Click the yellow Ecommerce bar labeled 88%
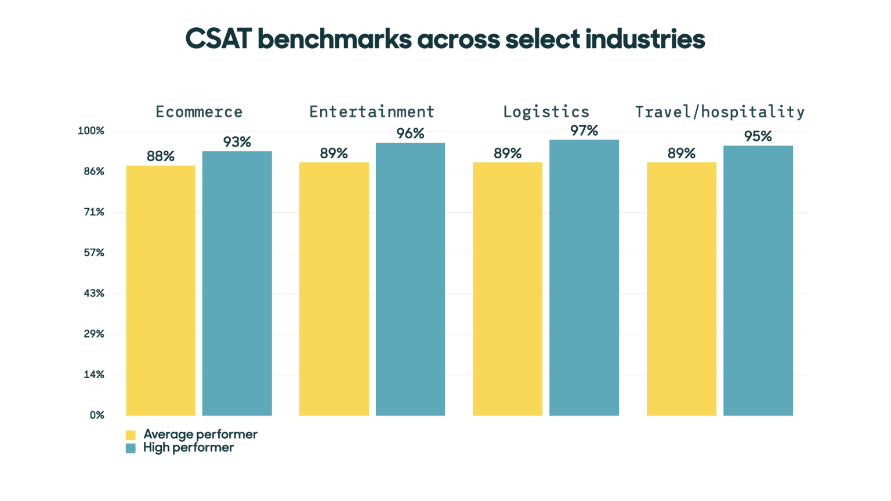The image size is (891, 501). [x=161, y=290]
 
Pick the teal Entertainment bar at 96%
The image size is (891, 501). [x=410, y=279]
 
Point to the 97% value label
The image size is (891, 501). [x=584, y=130]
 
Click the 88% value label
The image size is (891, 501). [x=161, y=156]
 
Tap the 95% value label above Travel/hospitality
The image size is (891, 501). [x=758, y=136]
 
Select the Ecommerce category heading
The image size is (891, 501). [x=199, y=112]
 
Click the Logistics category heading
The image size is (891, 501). [x=546, y=112]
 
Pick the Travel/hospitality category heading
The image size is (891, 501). [x=719, y=112]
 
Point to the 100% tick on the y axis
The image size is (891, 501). [x=91, y=131]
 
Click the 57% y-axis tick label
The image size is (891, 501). [x=94, y=253]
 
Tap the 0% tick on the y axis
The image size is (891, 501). [x=97, y=415]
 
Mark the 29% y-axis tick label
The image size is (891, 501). [x=94, y=334]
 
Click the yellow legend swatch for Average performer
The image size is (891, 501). [x=131, y=435]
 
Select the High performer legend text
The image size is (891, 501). [x=189, y=448]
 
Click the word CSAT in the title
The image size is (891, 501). [x=218, y=39]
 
